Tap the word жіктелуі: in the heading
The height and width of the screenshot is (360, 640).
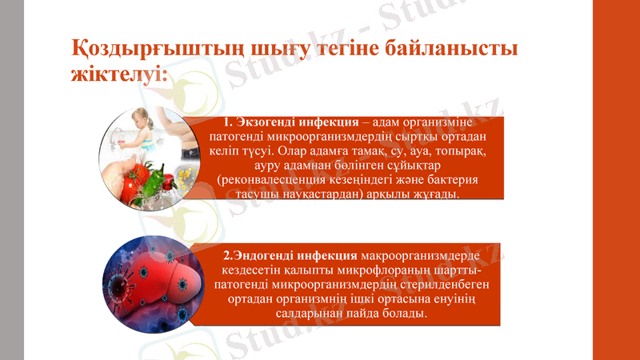tap(119, 77)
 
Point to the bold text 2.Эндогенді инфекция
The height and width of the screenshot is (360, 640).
tap(290, 256)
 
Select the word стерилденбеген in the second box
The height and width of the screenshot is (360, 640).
tap(454, 285)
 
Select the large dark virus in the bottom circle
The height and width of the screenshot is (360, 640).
tap(126, 286)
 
